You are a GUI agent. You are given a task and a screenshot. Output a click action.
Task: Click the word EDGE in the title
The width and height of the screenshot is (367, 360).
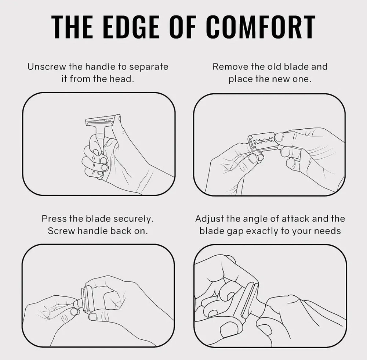pos(131,26)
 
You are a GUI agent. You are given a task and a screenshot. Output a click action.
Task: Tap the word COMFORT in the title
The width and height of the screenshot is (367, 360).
pos(261,26)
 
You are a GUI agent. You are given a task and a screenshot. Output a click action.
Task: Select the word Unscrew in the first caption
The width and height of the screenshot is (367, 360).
pos(47,67)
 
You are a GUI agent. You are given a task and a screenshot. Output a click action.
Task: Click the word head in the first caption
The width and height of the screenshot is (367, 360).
pos(122,79)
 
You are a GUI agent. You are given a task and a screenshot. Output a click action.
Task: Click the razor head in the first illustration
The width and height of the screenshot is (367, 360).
pos(100,121)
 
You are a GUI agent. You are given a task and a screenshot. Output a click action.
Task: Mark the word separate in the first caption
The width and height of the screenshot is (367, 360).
pos(149,67)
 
